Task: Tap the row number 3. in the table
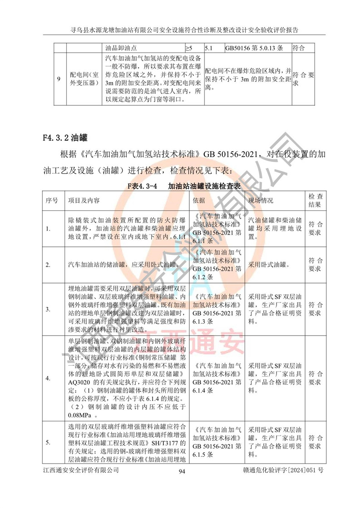(48, 310)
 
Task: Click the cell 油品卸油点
(121, 48)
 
